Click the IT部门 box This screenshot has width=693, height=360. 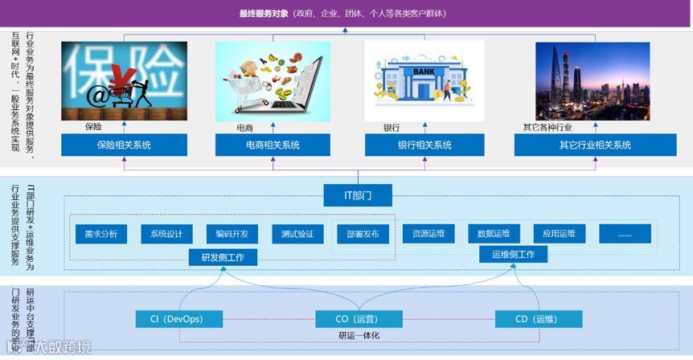[x=358, y=194]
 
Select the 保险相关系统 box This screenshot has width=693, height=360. [x=124, y=145]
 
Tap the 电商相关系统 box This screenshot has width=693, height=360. [x=273, y=145]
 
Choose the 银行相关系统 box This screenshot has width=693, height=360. [x=424, y=145]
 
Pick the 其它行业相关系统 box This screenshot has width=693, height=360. [x=594, y=145]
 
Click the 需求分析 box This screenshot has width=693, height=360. [x=101, y=234]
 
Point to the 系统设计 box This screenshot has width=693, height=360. [x=166, y=234]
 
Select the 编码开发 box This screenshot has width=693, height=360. [x=232, y=234]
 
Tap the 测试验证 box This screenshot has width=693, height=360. [x=297, y=234]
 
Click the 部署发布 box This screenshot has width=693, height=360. [x=363, y=234]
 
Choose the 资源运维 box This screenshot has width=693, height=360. [x=429, y=234]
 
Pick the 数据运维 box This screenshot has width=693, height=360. [x=494, y=234]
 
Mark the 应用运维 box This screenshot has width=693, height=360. [x=559, y=234]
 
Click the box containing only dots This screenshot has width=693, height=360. [x=624, y=234]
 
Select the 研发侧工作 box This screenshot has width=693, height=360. [x=223, y=258]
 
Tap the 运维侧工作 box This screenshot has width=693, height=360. [x=513, y=255]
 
